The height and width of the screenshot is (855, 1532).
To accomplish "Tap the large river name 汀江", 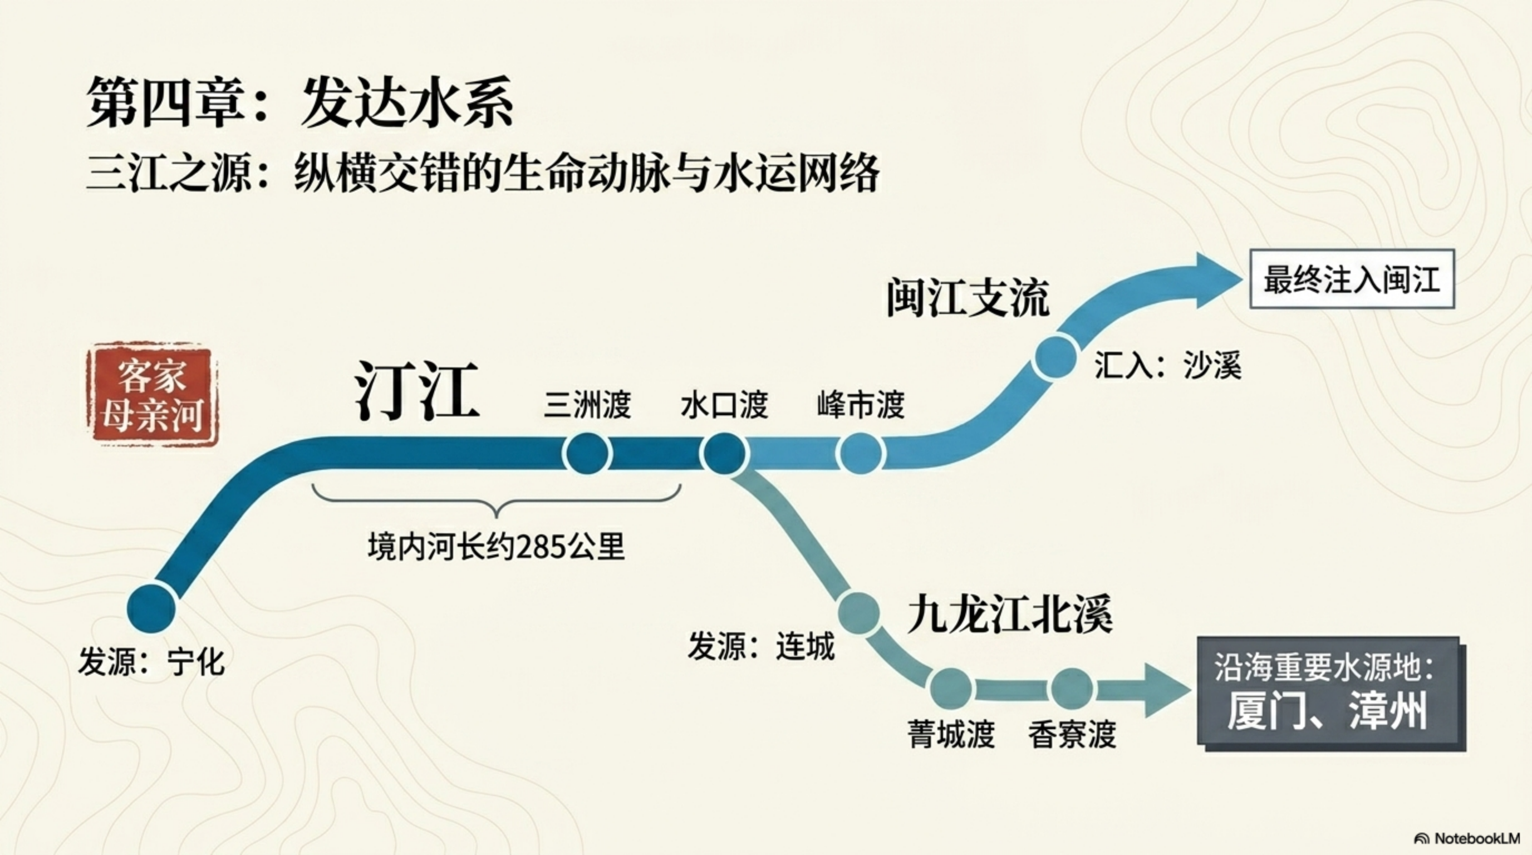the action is [417, 391].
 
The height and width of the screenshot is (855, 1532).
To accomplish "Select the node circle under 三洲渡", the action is [587, 454].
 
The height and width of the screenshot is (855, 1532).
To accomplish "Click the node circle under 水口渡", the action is [724, 454].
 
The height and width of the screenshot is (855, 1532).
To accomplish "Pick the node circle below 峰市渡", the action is [861, 454].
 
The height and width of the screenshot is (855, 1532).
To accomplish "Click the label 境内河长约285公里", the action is [496, 547].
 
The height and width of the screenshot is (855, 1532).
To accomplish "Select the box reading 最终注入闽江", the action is [1352, 279].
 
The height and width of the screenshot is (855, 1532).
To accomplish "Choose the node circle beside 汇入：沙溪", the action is [1055, 356].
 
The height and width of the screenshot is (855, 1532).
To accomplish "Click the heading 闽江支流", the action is [968, 298].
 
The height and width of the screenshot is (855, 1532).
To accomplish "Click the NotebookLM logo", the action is [1466, 838].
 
